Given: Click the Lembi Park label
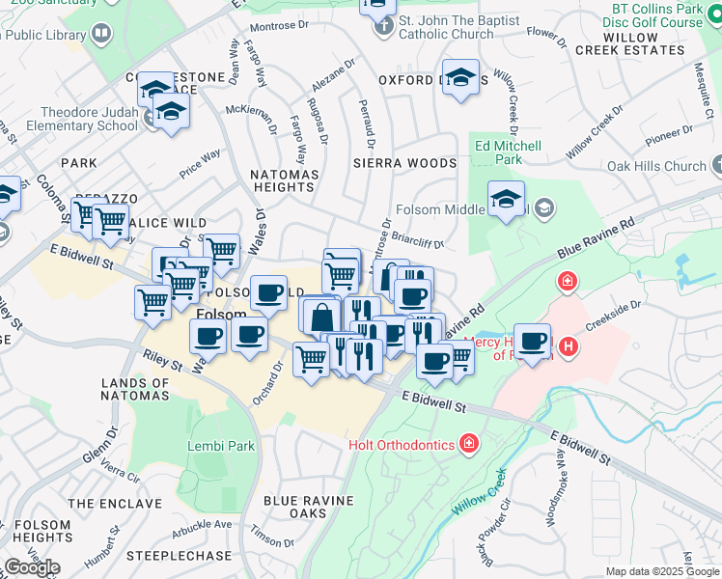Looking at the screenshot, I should coord(221,447).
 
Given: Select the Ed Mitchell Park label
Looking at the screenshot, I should coord(508,152).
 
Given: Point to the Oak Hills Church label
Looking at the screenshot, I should coord(656,166).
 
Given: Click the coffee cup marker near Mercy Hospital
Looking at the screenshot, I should coord(532,340).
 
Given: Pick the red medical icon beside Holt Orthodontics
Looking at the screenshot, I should coord(469,443).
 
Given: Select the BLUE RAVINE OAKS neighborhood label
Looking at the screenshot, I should coord(308,507).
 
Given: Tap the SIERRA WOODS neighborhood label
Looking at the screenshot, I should coord(403,164).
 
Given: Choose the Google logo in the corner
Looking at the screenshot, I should coord(32,567).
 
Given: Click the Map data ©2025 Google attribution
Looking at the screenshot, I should coord(661,571).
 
